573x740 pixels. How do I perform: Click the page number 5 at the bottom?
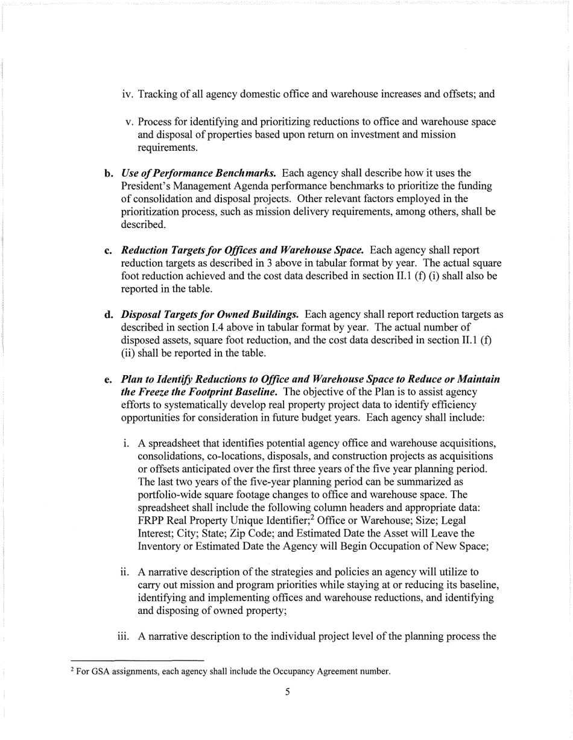(x=287, y=692)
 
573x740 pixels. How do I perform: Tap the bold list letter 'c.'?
(x=109, y=250)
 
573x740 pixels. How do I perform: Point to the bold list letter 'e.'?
(x=109, y=379)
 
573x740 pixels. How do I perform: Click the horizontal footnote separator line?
(x=137, y=660)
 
